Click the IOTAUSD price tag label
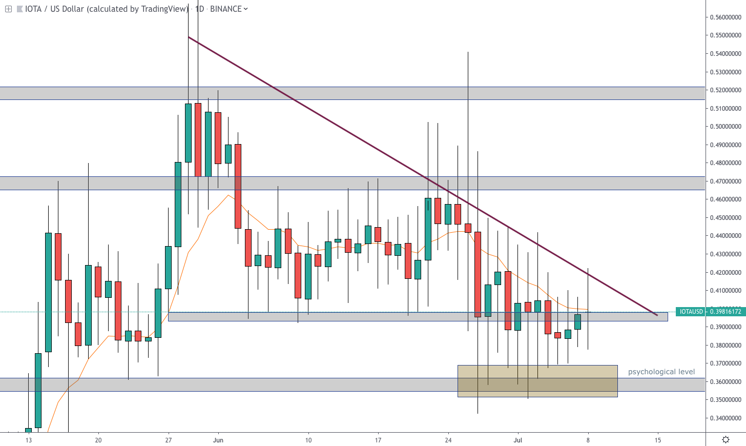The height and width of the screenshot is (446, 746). pyautogui.click(x=691, y=312)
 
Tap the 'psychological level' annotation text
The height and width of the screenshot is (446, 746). pyautogui.click(x=661, y=372)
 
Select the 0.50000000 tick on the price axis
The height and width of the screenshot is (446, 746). pyautogui.click(x=725, y=127)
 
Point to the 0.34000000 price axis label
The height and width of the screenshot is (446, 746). pyautogui.click(x=725, y=418)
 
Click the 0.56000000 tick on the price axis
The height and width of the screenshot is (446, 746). pyautogui.click(x=725, y=17)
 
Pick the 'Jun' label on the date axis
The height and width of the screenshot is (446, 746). pyautogui.click(x=218, y=440)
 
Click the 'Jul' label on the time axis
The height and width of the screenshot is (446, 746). pyautogui.click(x=518, y=440)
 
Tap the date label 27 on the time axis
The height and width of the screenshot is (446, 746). pyautogui.click(x=169, y=440)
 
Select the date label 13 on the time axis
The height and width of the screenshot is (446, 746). pyautogui.click(x=29, y=440)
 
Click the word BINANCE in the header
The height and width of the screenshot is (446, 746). pyautogui.click(x=226, y=9)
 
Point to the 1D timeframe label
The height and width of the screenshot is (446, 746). pyautogui.click(x=199, y=9)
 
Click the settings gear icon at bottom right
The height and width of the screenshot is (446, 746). pyautogui.click(x=726, y=439)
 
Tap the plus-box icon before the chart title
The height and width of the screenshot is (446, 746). pyautogui.click(x=8, y=9)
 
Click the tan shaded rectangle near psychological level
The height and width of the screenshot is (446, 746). pyautogui.click(x=537, y=381)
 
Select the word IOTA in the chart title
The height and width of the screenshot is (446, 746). pyautogui.click(x=33, y=9)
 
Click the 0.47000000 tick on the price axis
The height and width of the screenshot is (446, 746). pyautogui.click(x=725, y=181)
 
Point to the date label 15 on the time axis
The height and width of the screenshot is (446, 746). pyautogui.click(x=658, y=440)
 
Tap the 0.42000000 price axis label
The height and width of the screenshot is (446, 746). pyautogui.click(x=725, y=273)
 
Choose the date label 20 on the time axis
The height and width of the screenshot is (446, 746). pyautogui.click(x=98, y=440)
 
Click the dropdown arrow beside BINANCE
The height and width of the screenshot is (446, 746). pyautogui.click(x=246, y=9)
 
